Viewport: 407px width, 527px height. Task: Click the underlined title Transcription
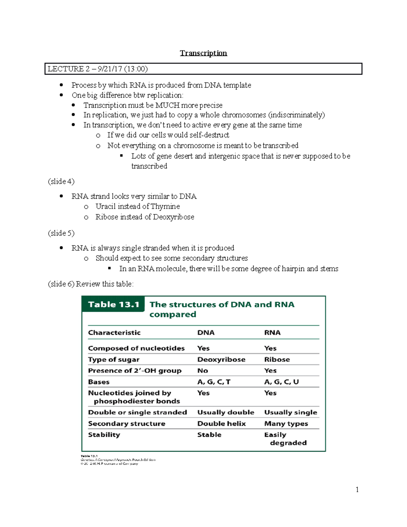tap(203, 53)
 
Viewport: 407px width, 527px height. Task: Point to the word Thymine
tap(165, 206)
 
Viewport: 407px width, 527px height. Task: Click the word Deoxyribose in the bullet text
tap(173, 217)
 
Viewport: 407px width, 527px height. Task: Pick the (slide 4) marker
tap(61, 181)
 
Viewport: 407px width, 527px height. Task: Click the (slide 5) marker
tap(61, 233)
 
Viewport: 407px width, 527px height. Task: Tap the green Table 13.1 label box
tap(113, 304)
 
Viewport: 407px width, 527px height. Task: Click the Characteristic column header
tap(114, 333)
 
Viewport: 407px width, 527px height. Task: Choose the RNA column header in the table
tap(272, 333)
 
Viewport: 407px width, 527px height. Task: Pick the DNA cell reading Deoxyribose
tap(221, 359)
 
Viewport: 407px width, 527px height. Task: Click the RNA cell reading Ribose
tap(277, 359)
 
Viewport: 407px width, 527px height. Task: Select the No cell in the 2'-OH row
tap(202, 371)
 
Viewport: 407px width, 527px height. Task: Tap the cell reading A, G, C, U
tap(282, 382)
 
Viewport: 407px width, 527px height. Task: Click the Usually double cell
tap(226, 412)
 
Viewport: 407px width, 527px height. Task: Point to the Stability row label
tap(104, 435)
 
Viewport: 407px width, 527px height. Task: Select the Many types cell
tap(286, 424)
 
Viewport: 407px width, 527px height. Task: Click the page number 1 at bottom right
tap(357, 489)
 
